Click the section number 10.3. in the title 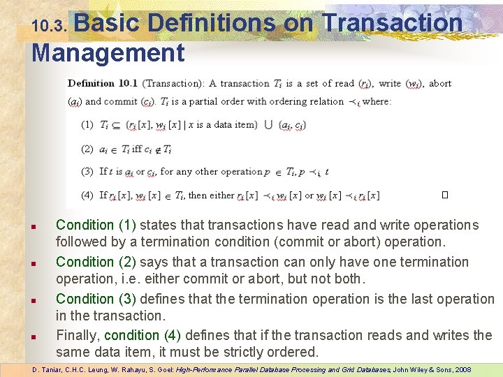point(50,27)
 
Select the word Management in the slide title point(108,53)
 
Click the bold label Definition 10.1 point(103,84)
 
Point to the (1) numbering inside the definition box point(87,125)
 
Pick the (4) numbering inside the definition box point(87,195)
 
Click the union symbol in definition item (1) point(269,125)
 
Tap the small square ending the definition point(444,195)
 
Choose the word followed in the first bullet point(82,243)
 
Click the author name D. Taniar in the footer point(46,369)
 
